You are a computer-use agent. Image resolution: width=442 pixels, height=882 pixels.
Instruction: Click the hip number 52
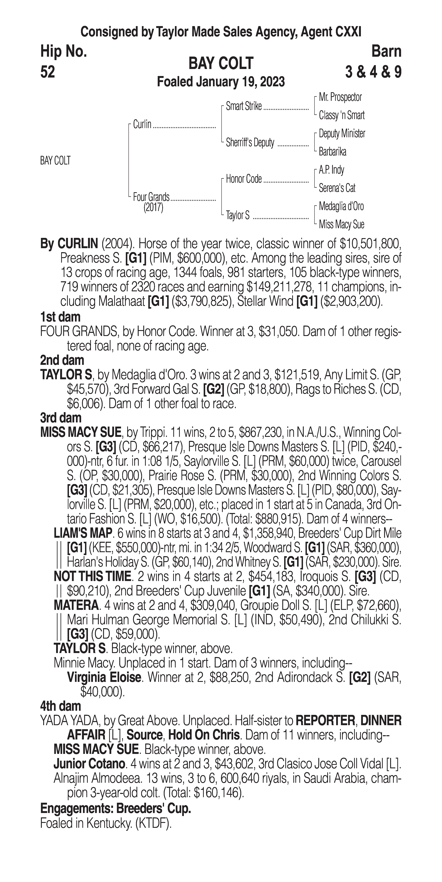click(48, 72)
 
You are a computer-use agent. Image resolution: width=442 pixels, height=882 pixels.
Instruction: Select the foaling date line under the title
click(221, 82)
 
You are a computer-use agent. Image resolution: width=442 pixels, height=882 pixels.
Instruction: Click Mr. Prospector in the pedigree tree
click(340, 97)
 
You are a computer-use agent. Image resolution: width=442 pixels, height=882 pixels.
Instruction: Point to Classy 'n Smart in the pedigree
click(342, 115)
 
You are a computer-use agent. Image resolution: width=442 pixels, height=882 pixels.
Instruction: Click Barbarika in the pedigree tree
click(332, 152)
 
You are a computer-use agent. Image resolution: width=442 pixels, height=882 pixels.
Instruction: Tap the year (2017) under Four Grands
click(153, 208)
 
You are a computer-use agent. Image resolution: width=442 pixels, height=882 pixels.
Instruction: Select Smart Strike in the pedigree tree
click(244, 107)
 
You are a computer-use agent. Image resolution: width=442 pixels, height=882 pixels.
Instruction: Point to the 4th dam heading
click(61, 706)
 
